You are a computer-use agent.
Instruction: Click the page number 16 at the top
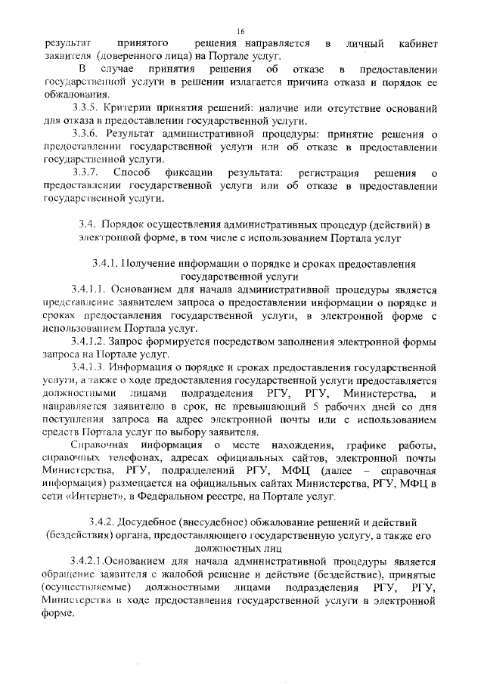[x=240, y=31]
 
